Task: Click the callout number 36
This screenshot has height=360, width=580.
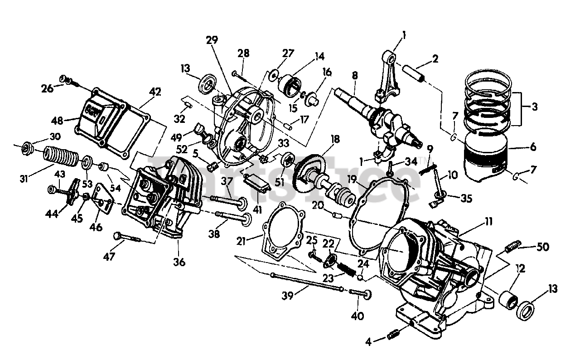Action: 179,262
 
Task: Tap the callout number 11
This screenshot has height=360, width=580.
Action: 488,222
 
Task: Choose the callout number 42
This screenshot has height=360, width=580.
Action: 155,92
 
